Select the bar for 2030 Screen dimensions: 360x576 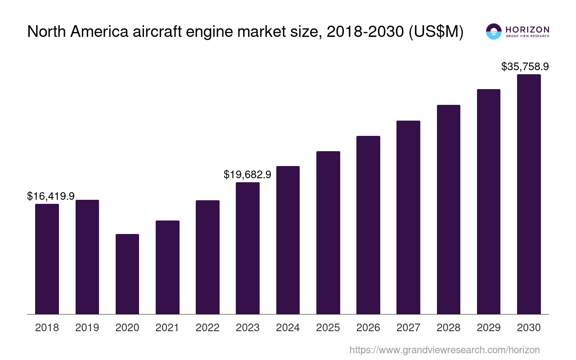(x=529, y=194)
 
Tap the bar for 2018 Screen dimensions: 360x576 (x=47, y=259)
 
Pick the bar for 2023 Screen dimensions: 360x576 (x=247, y=248)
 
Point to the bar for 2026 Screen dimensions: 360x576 (x=368, y=225)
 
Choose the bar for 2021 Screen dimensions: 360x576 (x=167, y=267)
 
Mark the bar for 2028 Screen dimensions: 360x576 (x=448, y=209)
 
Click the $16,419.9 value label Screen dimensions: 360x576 (x=51, y=196)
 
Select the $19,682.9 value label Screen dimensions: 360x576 (x=247, y=175)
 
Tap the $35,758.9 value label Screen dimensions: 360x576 (x=525, y=67)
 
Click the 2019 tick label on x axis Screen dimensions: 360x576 (x=87, y=328)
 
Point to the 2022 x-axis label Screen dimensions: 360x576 (x=207, y=328)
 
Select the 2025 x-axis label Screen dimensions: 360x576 (x=328, y=328)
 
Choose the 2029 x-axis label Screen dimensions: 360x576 (x=489, y=328)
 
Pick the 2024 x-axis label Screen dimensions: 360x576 (x=288, y=328)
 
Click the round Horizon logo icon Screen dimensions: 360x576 (x=494, y=31)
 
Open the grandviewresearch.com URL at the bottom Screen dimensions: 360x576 (x=444, y=350)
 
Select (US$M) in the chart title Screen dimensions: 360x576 (x=436, y=31)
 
